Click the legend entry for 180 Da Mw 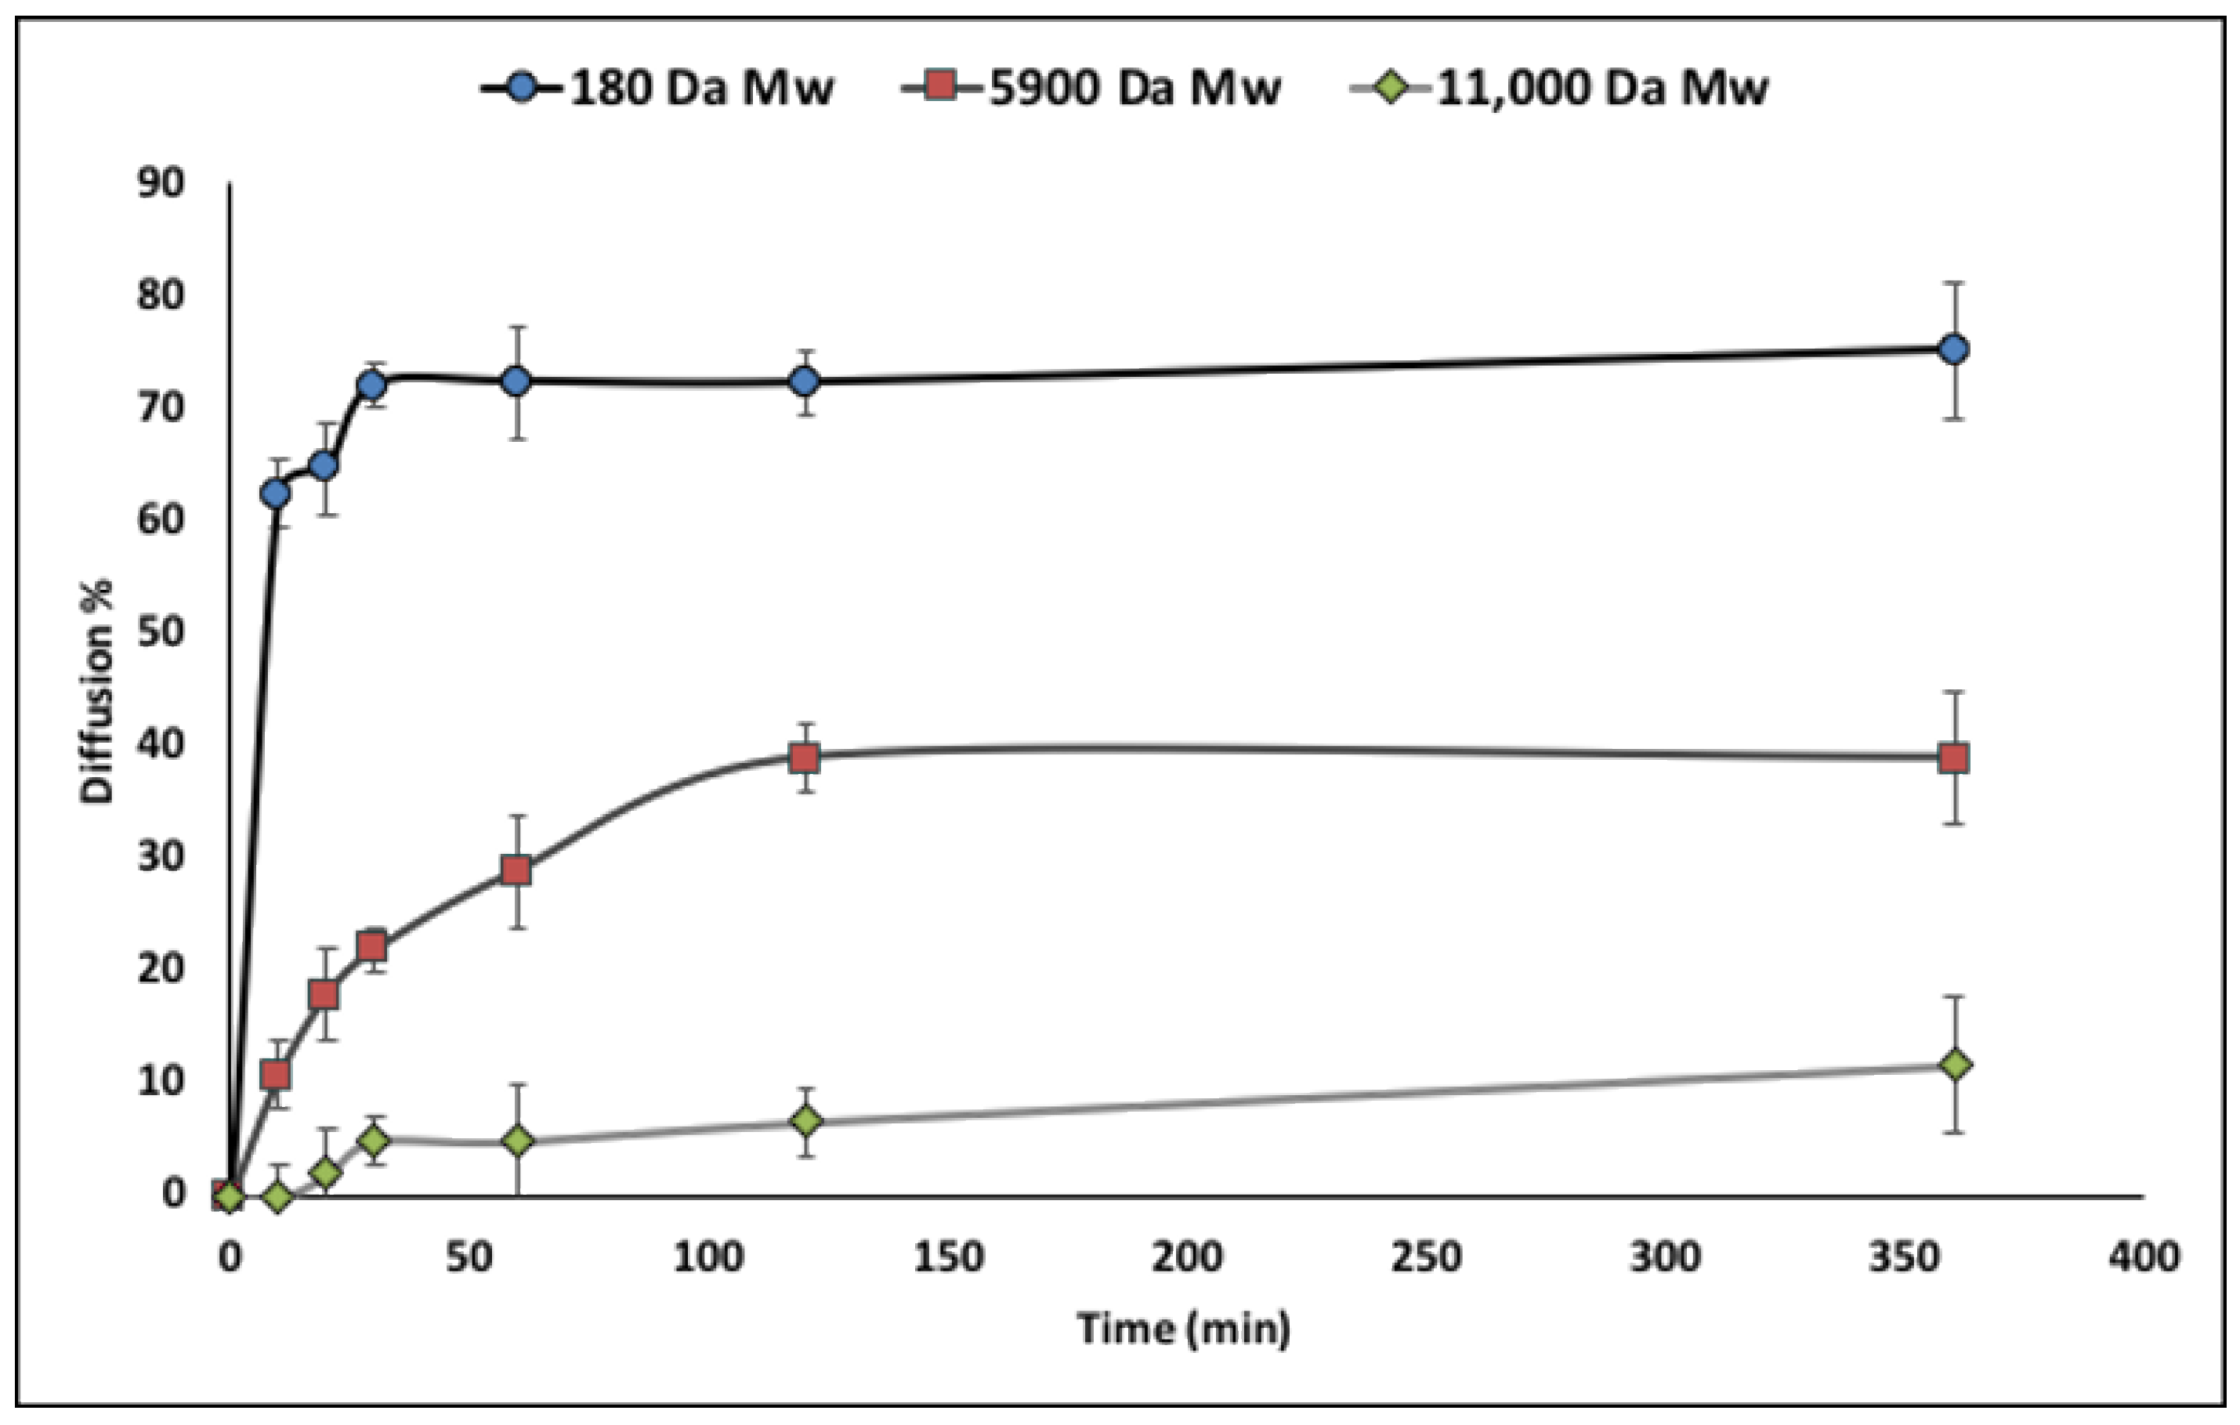[x=656, y=89]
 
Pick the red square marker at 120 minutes [x=805, y=757]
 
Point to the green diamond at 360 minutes [x=1956, y=1064]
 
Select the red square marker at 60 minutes [x=516, y=870]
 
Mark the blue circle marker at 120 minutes [x=805, y=382]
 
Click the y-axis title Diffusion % [x=96, y=690]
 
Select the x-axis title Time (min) [x=1183, y=1329]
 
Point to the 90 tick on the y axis [x=161, y=183]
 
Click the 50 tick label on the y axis [x=161, y=632]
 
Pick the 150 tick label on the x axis [x=947, y=1257]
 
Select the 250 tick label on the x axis [x=1426, y=1257]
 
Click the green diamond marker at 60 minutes [x=518, y=1141]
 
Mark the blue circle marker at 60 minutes [x=516, y=381]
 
